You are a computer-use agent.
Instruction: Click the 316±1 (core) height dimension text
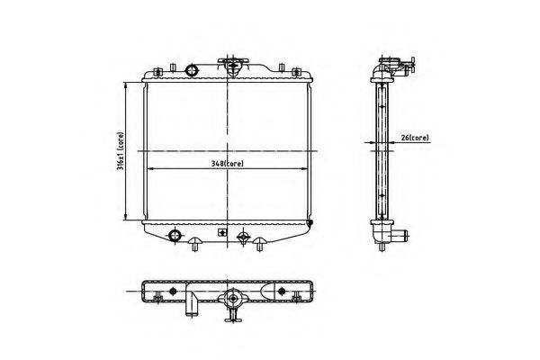coord(120,154)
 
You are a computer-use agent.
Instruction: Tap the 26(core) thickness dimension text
coord(414,138)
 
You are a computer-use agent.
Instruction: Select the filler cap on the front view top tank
coord(231,63)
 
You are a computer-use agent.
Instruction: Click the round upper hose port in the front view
coord(191,71)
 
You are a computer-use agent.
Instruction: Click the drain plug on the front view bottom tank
coord(240,238)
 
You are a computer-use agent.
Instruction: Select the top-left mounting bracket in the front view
coord(159,69)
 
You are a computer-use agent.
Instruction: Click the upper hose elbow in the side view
coord(392,65)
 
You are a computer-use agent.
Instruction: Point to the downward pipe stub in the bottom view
coord(192,309)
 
